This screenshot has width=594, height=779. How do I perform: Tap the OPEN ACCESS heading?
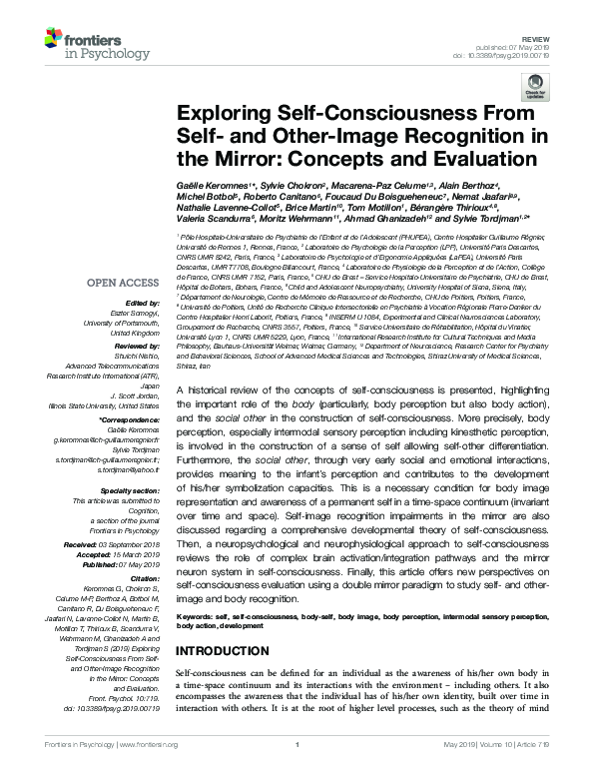[x=124, y=284]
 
